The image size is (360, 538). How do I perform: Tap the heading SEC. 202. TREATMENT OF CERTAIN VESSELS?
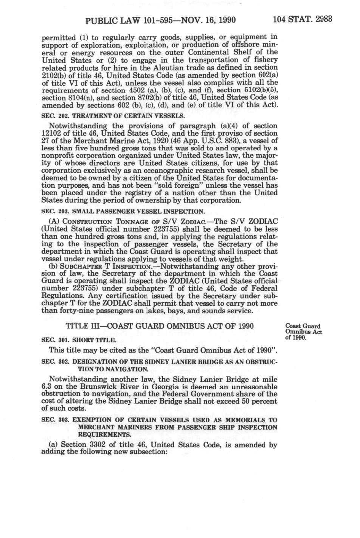(113, 115)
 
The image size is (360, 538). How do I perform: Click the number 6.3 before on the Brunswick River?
(46, 386)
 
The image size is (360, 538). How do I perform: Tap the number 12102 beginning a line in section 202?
(51, 133)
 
